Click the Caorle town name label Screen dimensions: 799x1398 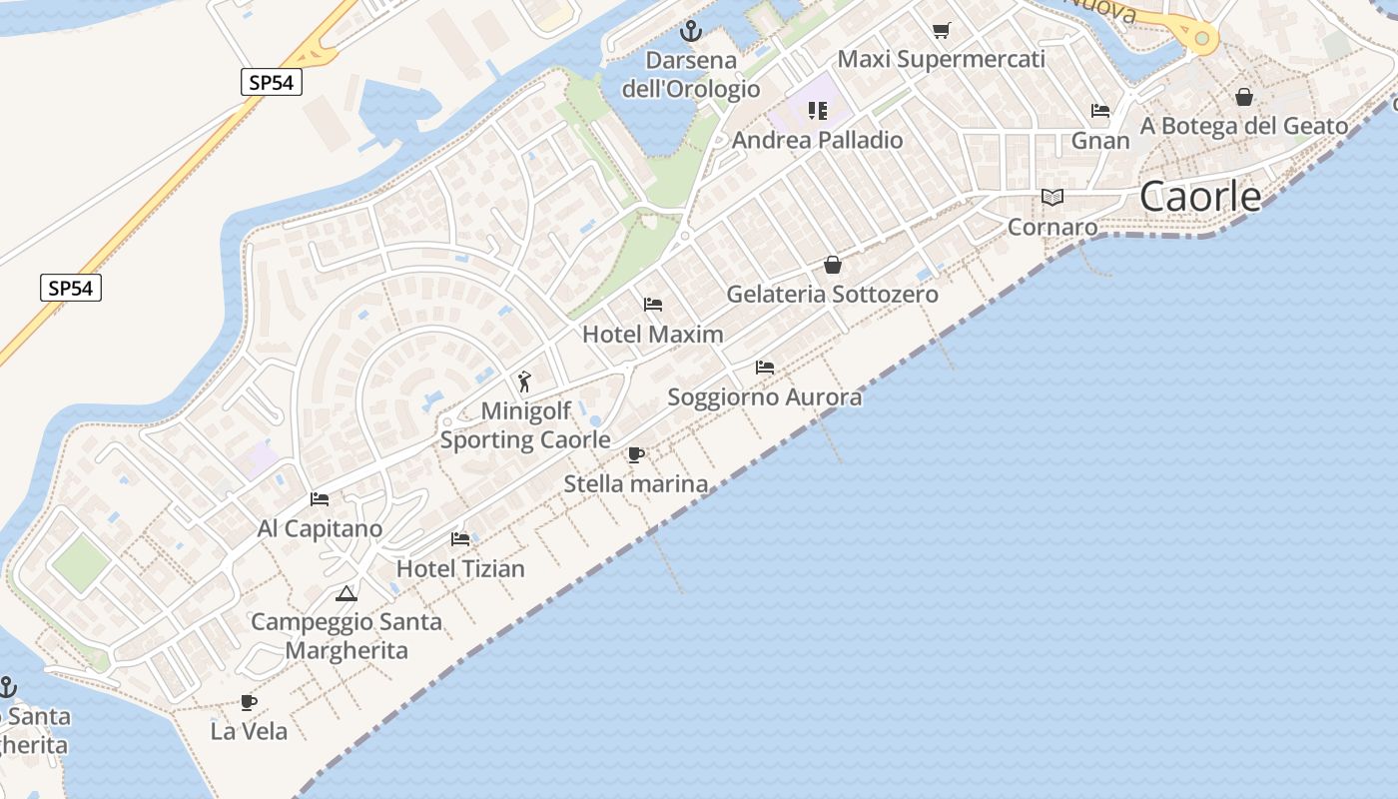[x=1200, y=197]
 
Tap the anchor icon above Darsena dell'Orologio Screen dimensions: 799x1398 [x=690, y=31]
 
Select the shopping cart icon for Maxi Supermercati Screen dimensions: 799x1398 [x=941, y=30]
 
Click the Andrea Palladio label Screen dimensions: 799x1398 [x=817, y=140]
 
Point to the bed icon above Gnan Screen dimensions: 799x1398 [x=1100, y=111]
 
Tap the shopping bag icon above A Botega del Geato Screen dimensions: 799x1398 [x=1244, y=97]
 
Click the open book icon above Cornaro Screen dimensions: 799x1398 [x=1052, y=197]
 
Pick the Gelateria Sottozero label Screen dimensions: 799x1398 [x=832, y=295]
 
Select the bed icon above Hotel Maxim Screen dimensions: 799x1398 [x=653, y=304]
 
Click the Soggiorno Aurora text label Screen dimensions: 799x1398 [x=764, y=398]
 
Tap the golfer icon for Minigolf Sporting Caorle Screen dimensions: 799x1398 [x=525, y=382]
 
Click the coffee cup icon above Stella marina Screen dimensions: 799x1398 [x=635, y=455]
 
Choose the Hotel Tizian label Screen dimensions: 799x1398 [x=460, y=568]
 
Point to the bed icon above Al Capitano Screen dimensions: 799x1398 [x=320, y=498]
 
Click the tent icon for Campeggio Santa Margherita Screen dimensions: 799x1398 [x=347, y=594]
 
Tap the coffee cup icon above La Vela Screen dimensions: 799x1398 [x=249, y=702]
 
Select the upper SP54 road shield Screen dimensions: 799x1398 [x=271, y=82]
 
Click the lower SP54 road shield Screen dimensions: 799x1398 [x=72, y=289]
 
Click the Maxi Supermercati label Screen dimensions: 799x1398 [x=941, y=59]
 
